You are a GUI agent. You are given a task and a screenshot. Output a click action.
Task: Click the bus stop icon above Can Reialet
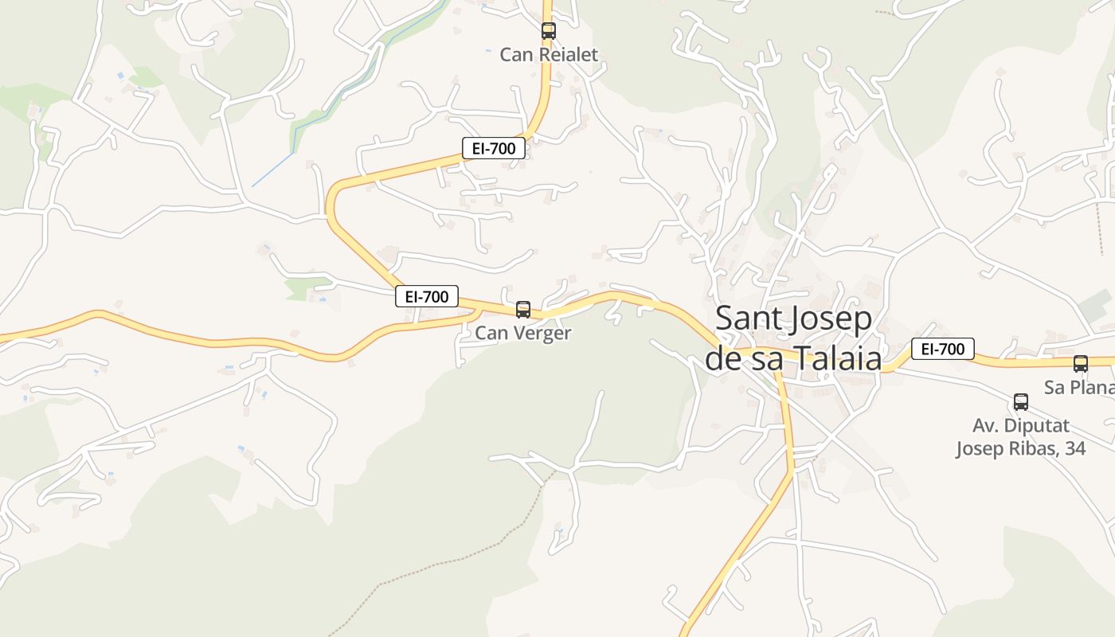[549, 31]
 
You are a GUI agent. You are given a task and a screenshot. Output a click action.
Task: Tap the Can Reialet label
[548, 55]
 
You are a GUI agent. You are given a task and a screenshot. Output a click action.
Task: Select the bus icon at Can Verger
[523, 309]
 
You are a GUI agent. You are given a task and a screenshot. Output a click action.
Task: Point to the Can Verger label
[522, 333]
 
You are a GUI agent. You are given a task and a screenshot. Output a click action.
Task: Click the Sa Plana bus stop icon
[1081, 364]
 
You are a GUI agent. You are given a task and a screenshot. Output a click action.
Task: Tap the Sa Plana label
[1078, 388]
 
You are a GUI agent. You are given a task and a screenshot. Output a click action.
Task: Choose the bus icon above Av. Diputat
[1021, 402]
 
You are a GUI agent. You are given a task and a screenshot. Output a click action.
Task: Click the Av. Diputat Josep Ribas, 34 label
[1020, 437]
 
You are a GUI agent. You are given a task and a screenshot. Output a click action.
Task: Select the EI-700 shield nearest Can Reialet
[494, 147]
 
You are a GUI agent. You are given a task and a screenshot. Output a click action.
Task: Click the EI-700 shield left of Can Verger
[427, 296]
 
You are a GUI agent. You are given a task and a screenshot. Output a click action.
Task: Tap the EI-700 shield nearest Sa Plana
[943, 349]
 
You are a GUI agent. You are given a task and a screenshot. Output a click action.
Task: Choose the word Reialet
[568, 55]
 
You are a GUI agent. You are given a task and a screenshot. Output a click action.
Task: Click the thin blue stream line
[275, 168]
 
